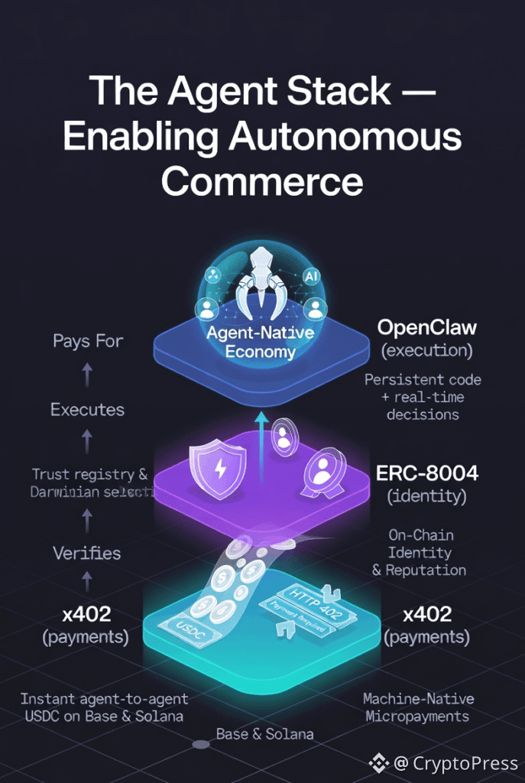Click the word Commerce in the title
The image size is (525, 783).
[262, 182]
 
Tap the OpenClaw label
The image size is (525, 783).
[427, 328]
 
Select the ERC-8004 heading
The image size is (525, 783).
[427, 473]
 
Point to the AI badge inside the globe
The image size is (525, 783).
[311, 275]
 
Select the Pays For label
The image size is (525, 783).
[88, 341]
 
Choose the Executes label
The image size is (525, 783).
[87, 410]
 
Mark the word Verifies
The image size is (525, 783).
[86, 553]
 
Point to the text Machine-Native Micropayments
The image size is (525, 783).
[418, 707]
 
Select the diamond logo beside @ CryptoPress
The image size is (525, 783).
[379, 762]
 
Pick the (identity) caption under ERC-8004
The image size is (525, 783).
[427, 496]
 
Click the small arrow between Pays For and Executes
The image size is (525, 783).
[87, 375]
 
